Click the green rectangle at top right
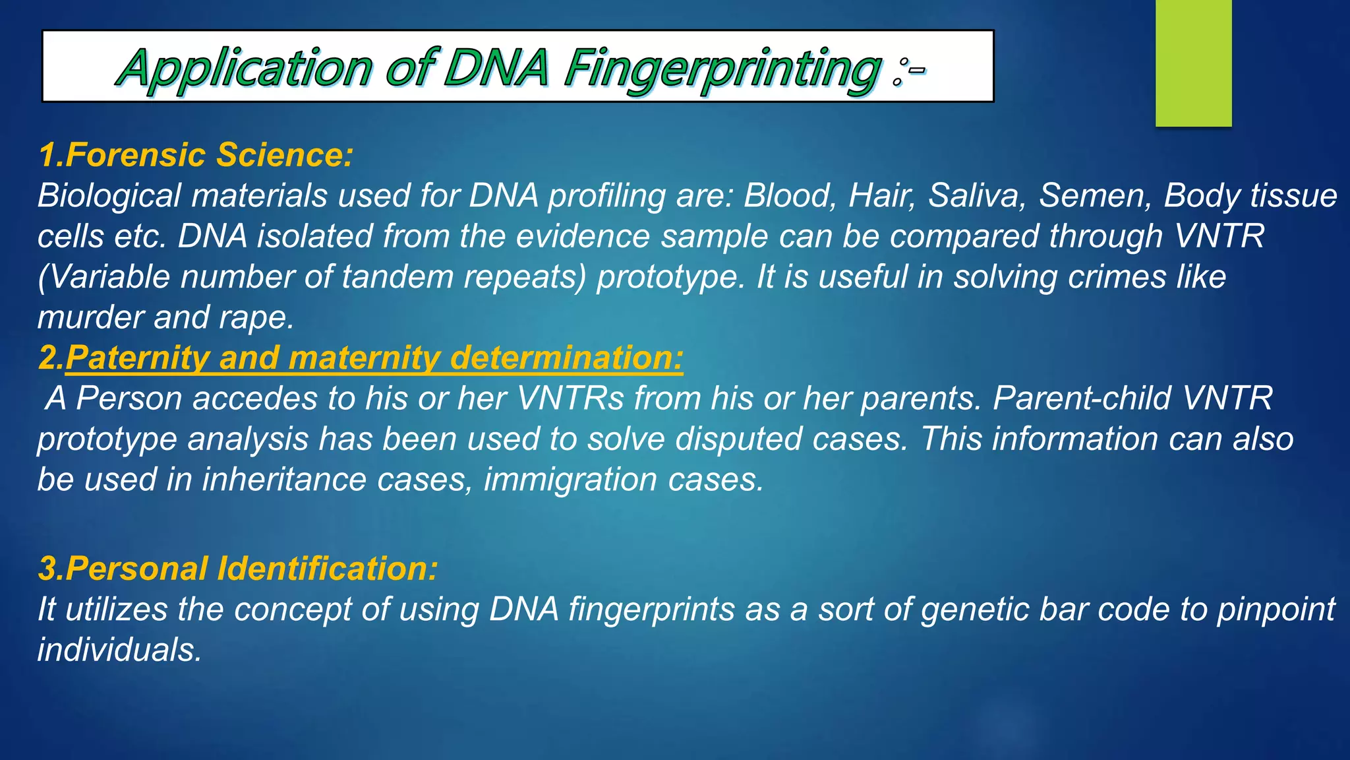[x=1193, y=63]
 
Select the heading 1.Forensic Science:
[x=196, y=155]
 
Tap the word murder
[x=90, y=318]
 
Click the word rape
[x=256, y=318]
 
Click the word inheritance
[x=284, y=480]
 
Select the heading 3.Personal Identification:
[x=238, y=569]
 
